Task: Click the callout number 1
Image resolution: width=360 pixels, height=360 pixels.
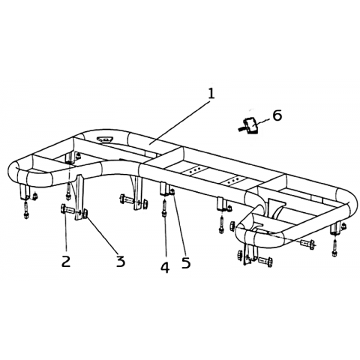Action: click(211, 94)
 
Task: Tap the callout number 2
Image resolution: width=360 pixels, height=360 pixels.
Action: click(66, 261)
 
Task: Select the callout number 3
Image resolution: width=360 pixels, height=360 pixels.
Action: click(121, 261)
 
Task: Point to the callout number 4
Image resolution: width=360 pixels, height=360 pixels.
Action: click(165, 267)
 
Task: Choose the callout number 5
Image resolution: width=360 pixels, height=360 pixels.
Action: click(186, 262)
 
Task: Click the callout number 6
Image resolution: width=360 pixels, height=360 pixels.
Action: click(277, 115)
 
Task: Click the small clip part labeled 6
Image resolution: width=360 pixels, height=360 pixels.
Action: click(249, 126)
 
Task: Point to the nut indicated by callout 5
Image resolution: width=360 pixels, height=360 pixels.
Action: click(172, 192)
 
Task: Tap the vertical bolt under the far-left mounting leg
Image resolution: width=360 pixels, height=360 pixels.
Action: click(26, 210)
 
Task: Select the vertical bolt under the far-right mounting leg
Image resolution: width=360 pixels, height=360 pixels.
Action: click(334, 247)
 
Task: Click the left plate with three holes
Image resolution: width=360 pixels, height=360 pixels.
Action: click(194, 170)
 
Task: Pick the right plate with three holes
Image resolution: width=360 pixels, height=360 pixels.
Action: click(235, 180)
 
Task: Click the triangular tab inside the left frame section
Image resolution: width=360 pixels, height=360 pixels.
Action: click(105, 139)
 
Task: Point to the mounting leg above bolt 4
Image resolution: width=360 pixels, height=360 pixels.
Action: click(164, 189)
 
